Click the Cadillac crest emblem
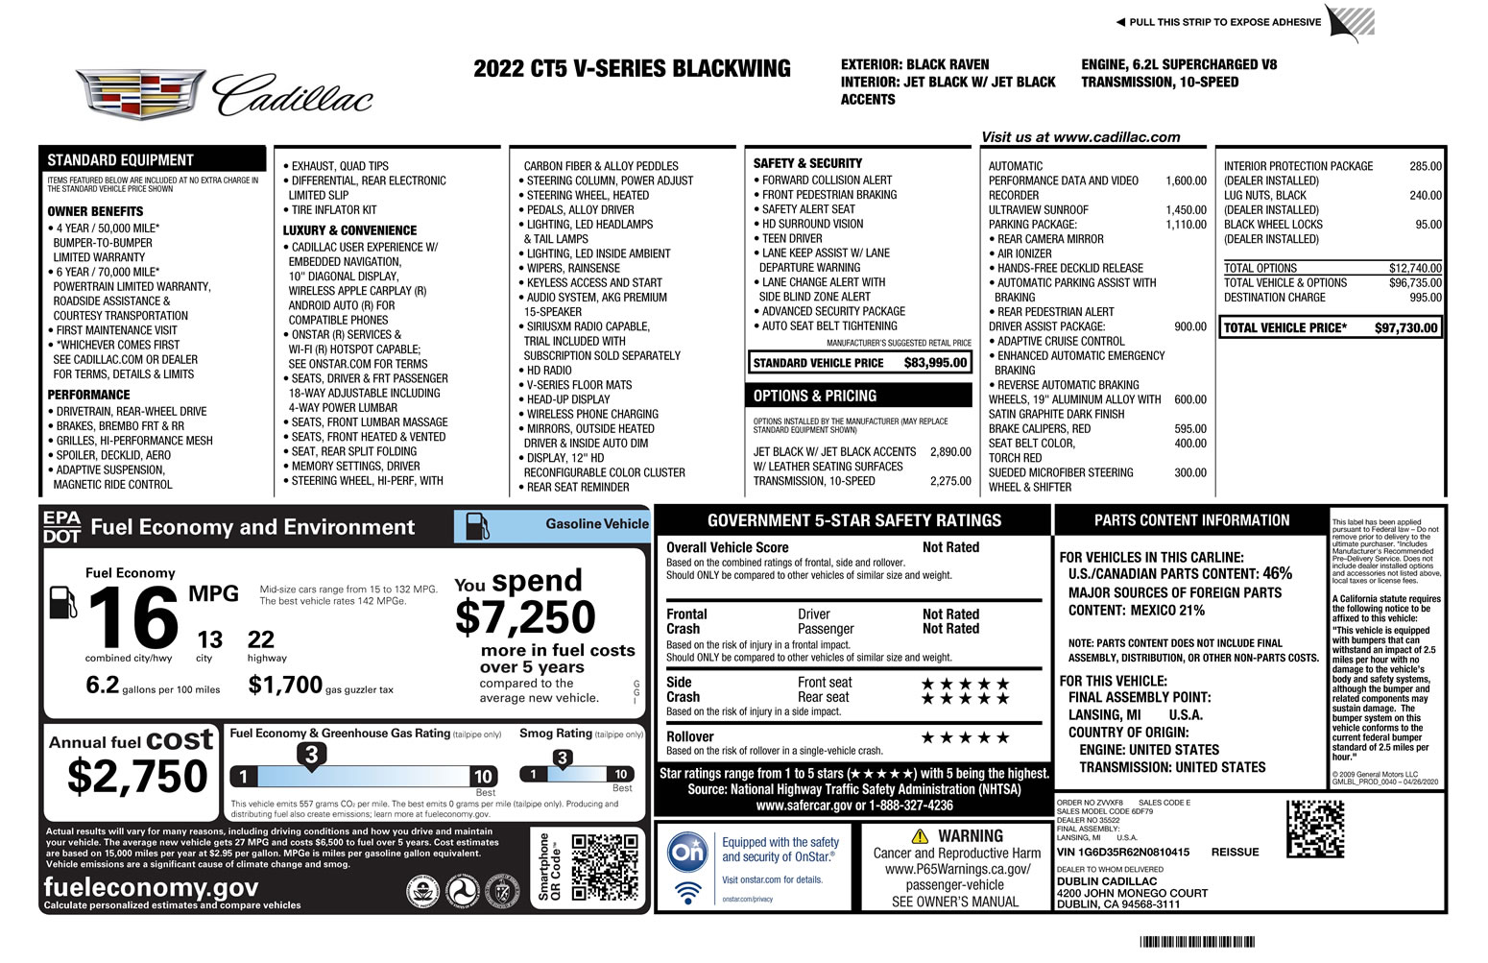(x=140, y=93)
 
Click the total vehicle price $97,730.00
(x=1405, y=328)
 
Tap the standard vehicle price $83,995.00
(x=935, y=363)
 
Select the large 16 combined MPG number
(x=133, y=617)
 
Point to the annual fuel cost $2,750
(x=137, y=777)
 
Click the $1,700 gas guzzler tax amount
(x=285, y=685)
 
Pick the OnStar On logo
(x=687, y=854)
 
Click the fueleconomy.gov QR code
(x=604, y=868)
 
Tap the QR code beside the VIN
(x=1314, y=829)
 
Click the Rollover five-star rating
(x=965, y=738)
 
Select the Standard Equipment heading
(x=121, y=160)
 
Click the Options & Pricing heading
(x=815, y=396)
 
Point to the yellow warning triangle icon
(x=920, y=836)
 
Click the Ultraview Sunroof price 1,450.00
(x=1186, y=210)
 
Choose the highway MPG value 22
(x=261, y=639)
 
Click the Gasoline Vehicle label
(x=597, y=524)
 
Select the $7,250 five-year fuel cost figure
(x=525, y=617)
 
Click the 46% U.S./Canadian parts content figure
(x=1277, y=573)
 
